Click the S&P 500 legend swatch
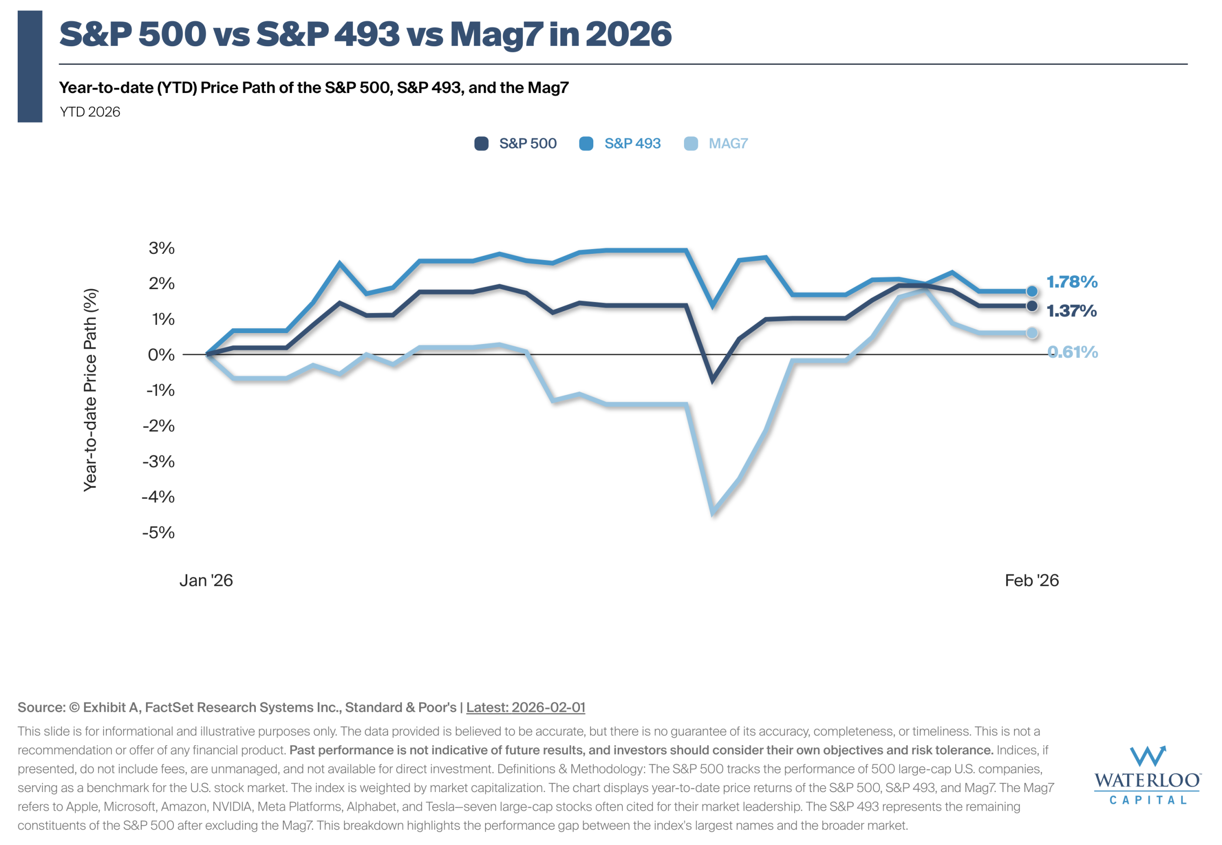pyautogui.click(x=481, y=144)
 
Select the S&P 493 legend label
pyautogui.click(x=632, y=144)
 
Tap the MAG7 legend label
pyautogui.click(x=728, y=144)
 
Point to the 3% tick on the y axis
pyautogui.click(x=161, y=248)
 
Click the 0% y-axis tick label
pyautogui.click(x=161, y=354)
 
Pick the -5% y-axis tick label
pyautogui.click(x=158, y=532)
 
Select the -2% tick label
pyautogui.click(x=158, y=426)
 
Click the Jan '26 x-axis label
pyautogui.click(x=206, y=580)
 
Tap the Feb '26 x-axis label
pyautogui.click(x=1032, y=580)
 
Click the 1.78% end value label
pyautogui.click(x=1072, y=282)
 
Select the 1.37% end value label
pyautogui.click(x=1071, y=311)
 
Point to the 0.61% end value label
pyautogui.click(x=1073, y=352)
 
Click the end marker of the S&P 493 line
pyautogui.click(x=1032, y=291)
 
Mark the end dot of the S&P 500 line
pyautogui.click(x=1032, y=306)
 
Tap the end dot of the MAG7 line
pyautogui.click(x=1032, y=333)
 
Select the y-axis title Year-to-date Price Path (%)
pyautogui.click(x=91, y=390)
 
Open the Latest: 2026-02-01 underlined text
pyautogui.click(x=526, y=707)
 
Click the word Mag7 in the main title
pyautogui.click(x=496, y=34)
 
